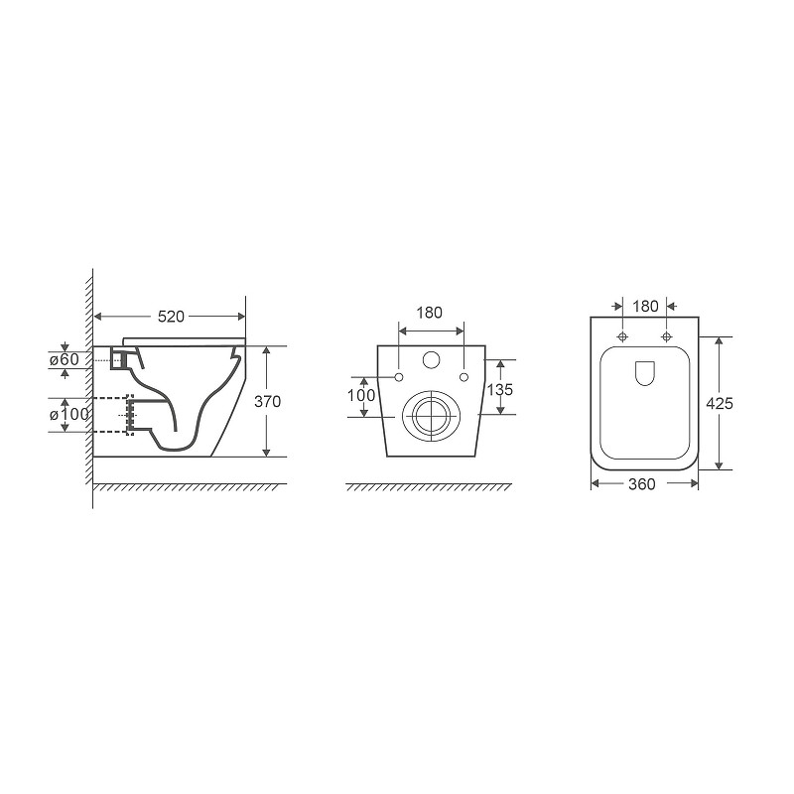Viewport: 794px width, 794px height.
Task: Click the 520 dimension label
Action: click(171, 317)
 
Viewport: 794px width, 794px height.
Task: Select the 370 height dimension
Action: click(267, 402)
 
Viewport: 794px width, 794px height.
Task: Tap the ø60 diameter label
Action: click(65, 359)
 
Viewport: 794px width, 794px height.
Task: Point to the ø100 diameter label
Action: click(68, 414)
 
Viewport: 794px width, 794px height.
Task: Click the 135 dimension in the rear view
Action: click(500, 389)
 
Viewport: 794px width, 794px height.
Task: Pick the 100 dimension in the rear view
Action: click(361, 395)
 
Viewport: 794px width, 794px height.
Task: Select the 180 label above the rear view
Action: click(430, 313)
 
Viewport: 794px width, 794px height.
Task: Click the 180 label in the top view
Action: click(646, 307)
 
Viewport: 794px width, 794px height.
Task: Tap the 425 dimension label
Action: click(720, 403)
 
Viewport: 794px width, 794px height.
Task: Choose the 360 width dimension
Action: click(641, 484)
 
